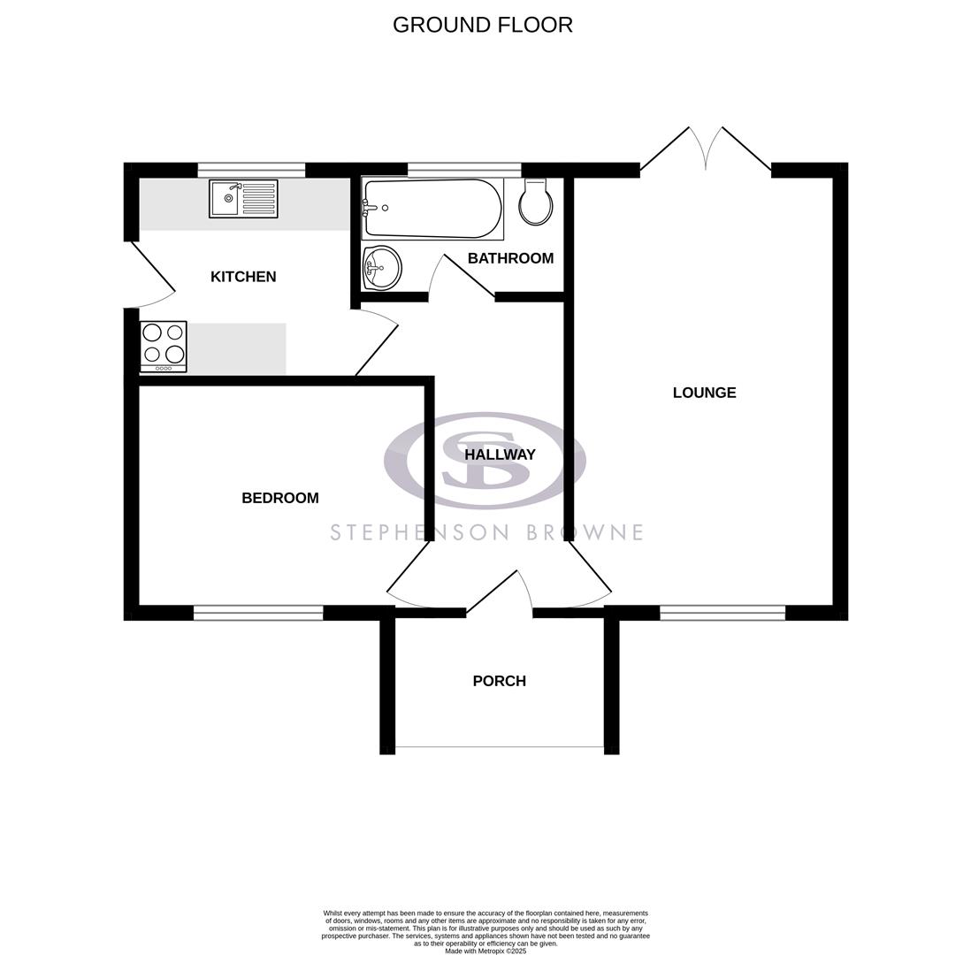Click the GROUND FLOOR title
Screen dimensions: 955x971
pyautogui.click(x=483, y=25)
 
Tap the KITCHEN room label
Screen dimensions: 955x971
pyautogui.click(x=243, y=277)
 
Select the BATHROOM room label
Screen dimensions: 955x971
pyautogui.click(x=510, y=258)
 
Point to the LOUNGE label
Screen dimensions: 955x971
pyautogui.click(x=704, y=393)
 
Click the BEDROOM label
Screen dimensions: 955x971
pyautogui.click(x=280, y=498)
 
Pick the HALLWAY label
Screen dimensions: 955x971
pyautogui.click(x=500, y=455)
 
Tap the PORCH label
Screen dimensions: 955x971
pyautogui.click(x=499, y=681)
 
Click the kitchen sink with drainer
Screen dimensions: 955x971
pyautogui.click(x=243, y=199)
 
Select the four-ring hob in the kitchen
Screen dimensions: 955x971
pyautogui.click(x=164, y=346)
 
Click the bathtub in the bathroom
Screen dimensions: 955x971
pyautogui.click(x=432, y=209)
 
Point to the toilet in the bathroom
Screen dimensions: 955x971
pyautogui.click(x=535, y=202)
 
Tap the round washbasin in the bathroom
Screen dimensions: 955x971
pyautogui.click(x=382, y=268)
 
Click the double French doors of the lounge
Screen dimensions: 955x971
pyautogui.click(x=706, y=149)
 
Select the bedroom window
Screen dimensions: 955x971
pyautogui.click(x=258, y=613)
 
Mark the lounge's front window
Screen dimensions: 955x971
pyautogui.click(x=723, y=613)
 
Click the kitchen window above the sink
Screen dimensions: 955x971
pyautogui.click(x=251, y=170)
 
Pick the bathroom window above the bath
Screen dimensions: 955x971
pyautogui.click(x=464, y=170)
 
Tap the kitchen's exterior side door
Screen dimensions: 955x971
pyautogui.click(x=150, y=274)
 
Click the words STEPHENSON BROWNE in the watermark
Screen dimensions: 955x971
pyautogui.click(x=486, y=532)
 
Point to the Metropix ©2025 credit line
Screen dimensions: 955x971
pyautogui.click(x=485, y=951)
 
